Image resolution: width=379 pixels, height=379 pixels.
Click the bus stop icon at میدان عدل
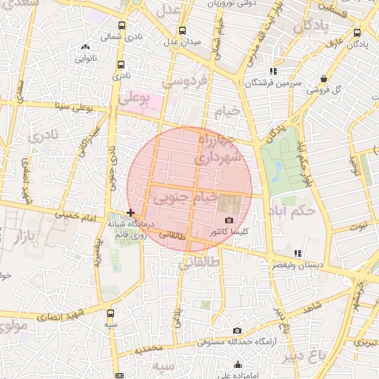(182, 31)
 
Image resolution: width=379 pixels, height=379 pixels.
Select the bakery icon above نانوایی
(86, 47)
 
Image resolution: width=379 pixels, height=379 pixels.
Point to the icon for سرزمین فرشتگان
(273, 72)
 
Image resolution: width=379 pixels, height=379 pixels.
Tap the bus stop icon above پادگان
(358, 33)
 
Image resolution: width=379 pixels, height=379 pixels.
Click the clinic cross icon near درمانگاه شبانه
(131, 212)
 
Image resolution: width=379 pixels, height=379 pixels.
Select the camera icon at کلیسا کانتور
(228, 221)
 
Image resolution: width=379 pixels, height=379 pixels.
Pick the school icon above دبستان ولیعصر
(298, 253)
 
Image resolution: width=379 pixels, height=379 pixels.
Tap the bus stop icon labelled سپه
(110, 313)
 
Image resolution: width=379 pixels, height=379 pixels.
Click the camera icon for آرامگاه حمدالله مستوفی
(237, 331)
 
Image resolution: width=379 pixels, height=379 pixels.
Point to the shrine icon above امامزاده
(238, 365)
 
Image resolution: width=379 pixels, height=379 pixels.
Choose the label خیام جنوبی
(185, 198)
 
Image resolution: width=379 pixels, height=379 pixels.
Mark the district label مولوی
(13, 326)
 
